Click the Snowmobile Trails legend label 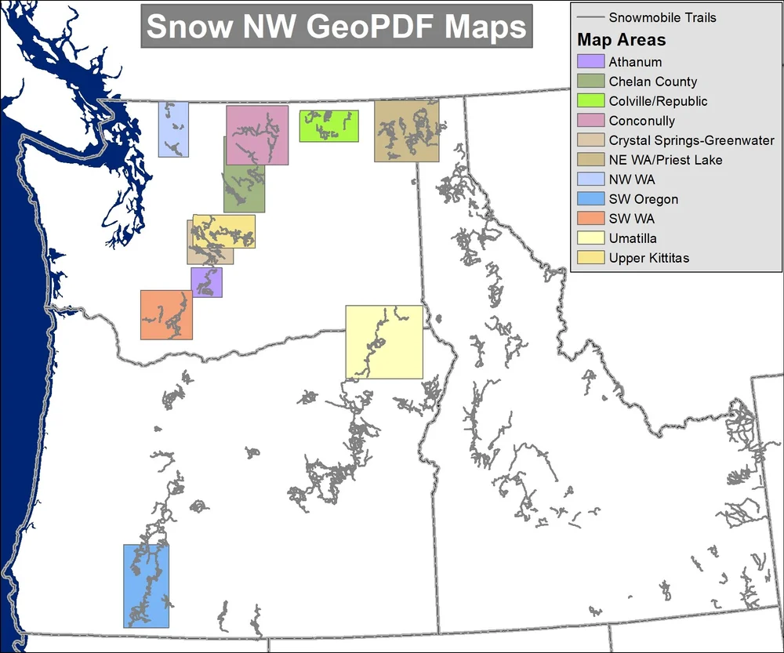pos(662,17)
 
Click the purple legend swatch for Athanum pos(590,62)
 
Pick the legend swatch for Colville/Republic pos(590,101)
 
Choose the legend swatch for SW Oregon pos(590,199)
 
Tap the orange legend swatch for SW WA pos(590,219)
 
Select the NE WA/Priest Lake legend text pos(666,160)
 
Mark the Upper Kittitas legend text pos(649,258)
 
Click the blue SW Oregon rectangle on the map pos(147,586)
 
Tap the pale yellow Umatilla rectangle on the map pos(384,342)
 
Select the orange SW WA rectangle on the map pos(166,315)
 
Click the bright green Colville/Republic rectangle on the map pos(329,126)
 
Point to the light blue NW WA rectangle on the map pos(173,129)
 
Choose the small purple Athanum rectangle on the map pos(207,282)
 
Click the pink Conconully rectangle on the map pos(257,135)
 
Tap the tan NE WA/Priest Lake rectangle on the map pos(406,131)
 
